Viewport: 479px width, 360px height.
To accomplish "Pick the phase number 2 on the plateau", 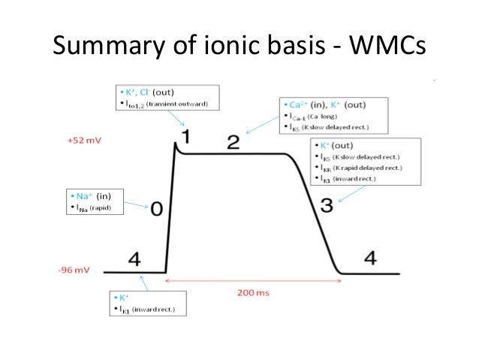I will pos(233,142).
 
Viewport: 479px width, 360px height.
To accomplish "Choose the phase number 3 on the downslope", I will pos(326,204).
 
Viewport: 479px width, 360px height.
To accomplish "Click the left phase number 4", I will pos(134,259).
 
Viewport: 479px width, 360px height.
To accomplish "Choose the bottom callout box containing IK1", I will pos(146,303).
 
